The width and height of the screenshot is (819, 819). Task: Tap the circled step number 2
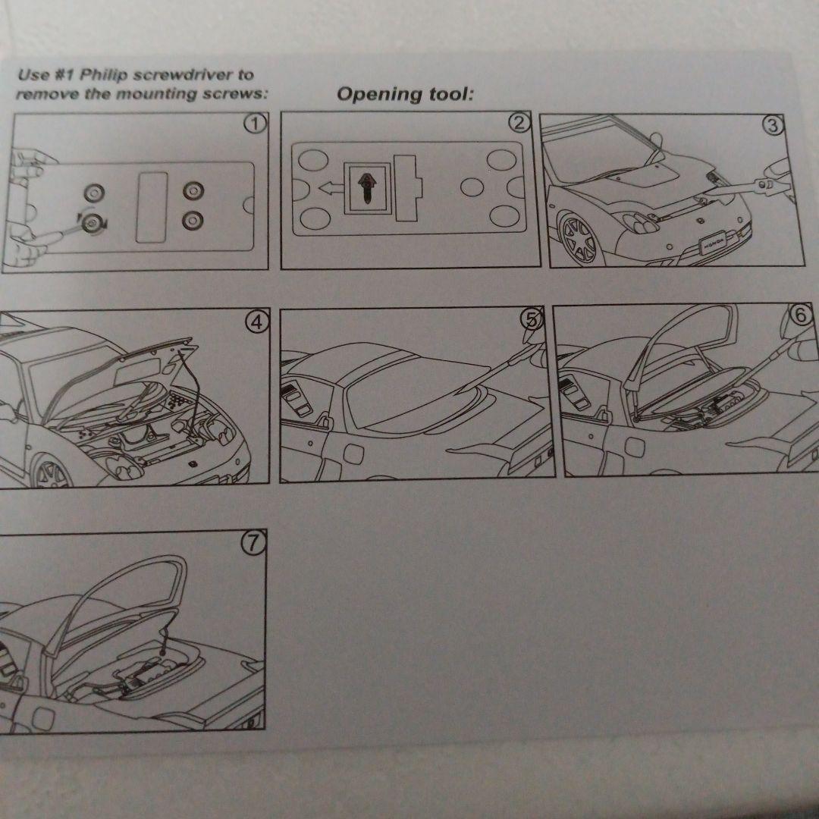(x=519, y=122)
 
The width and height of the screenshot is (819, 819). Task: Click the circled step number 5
(x=533, y=319)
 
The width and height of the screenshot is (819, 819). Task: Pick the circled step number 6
(x=803, y=316)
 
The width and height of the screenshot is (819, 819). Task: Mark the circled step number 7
(x=254, y=542)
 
